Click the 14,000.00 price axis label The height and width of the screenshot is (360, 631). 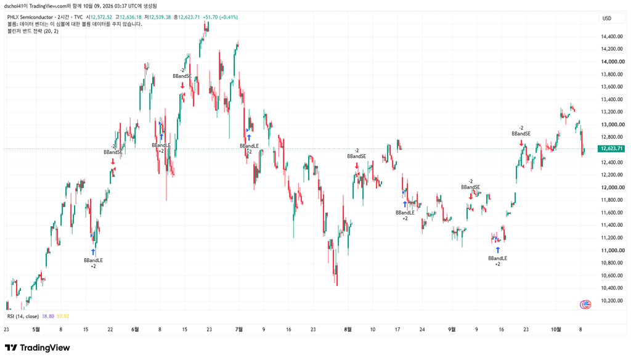point(613,62)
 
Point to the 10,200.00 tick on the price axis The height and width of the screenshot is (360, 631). point(613,300)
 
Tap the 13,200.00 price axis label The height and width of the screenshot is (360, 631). point(613,112)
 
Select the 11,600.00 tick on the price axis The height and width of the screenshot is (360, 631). point(613,213)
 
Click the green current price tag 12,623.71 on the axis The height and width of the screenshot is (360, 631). point(612,149)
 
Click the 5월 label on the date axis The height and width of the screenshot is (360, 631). point(36,329)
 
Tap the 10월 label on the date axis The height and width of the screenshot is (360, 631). point(556,329)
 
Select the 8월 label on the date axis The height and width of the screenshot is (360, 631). point(348,329)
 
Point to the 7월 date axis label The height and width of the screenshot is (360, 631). point(239,329)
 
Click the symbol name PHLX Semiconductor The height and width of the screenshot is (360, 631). point(30,17)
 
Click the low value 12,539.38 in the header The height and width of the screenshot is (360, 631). point(160,17)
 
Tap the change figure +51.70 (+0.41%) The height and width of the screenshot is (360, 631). point(220,17)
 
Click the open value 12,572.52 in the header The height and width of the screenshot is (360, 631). point(101,17)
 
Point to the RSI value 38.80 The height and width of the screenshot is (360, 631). point(48,316)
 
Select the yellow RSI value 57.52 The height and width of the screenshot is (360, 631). point(63,316)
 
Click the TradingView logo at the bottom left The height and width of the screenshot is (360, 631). point(38,348)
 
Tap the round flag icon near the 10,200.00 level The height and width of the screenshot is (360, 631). point(585,305)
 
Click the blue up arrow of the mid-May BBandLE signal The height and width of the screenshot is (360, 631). point(94,253)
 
